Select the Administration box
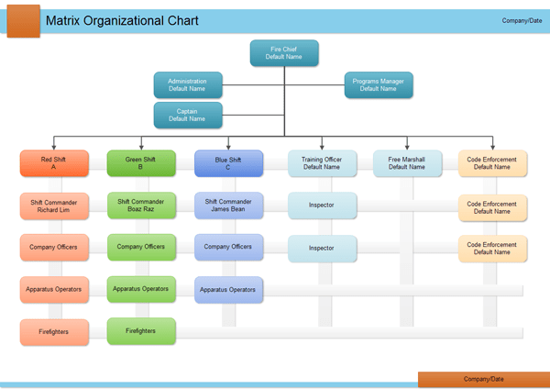(187, 84)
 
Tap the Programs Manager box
(378, 84)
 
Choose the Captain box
(187, 114)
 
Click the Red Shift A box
(54, 163)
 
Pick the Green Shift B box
(140, 163)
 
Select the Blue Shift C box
(228, 163)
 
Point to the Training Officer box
(321, 163)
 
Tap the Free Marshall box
(406, 163)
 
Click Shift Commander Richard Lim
(54, 206)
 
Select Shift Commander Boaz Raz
(140, 205)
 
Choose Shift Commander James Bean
(228, 206)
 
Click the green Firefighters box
(140, 330)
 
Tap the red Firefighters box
(54, 331)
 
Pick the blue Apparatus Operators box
(228, 289)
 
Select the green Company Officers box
(140, 247)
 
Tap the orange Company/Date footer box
(483, 378)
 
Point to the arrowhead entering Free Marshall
(406, 147)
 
